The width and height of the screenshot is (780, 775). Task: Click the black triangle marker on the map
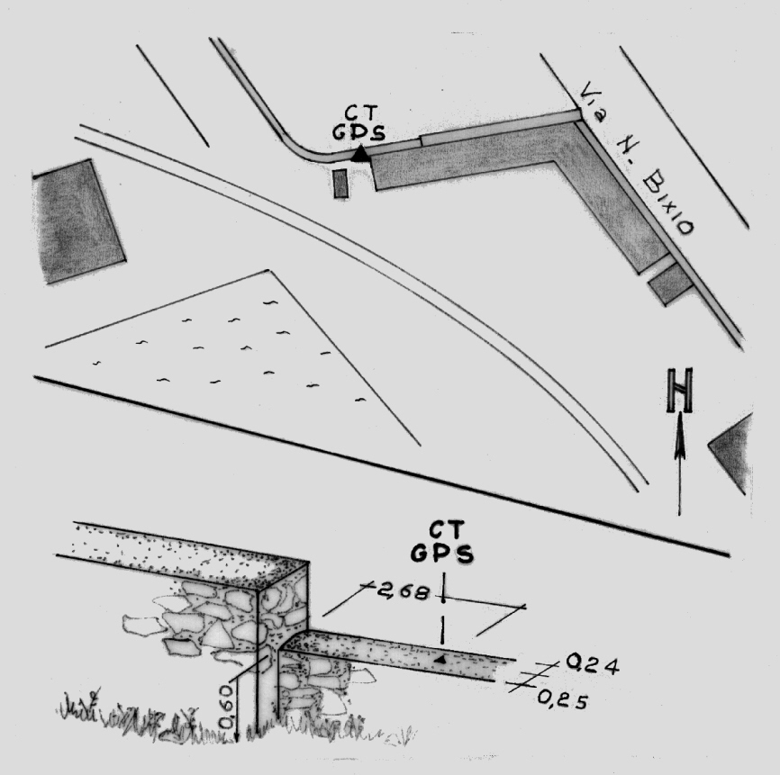click(x=359, y=154)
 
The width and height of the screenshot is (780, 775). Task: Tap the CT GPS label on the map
click(x=358, y=122)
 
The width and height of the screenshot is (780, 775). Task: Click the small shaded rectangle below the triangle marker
click(x=340, y=184)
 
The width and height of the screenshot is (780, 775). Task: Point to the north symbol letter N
click(x=679, y=391)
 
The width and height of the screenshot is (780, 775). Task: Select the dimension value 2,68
click(x=402, y=591)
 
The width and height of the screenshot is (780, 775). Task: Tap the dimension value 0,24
click(x=592, y=664)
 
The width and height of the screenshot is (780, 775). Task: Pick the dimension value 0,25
click(x=563, y=699)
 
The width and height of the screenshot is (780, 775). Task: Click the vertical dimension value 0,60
click(x=226, y=707)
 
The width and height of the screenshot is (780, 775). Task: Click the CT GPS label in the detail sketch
click(x=441, y=542)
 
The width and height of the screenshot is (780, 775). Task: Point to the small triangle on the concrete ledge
click(x=440, y=659)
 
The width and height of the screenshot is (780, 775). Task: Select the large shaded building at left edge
click(x=78, y=221)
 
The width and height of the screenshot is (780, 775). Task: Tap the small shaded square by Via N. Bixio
click(x=670, y=284)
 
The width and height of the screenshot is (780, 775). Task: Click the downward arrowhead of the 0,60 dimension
click(x=237, y=734)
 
